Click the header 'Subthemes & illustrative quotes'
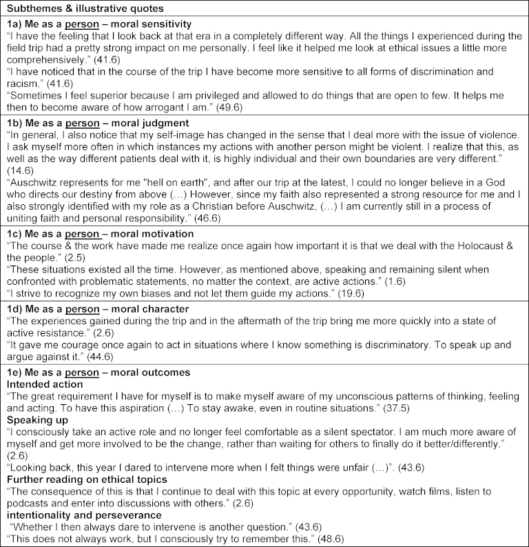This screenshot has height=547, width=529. [x=81, y=8]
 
